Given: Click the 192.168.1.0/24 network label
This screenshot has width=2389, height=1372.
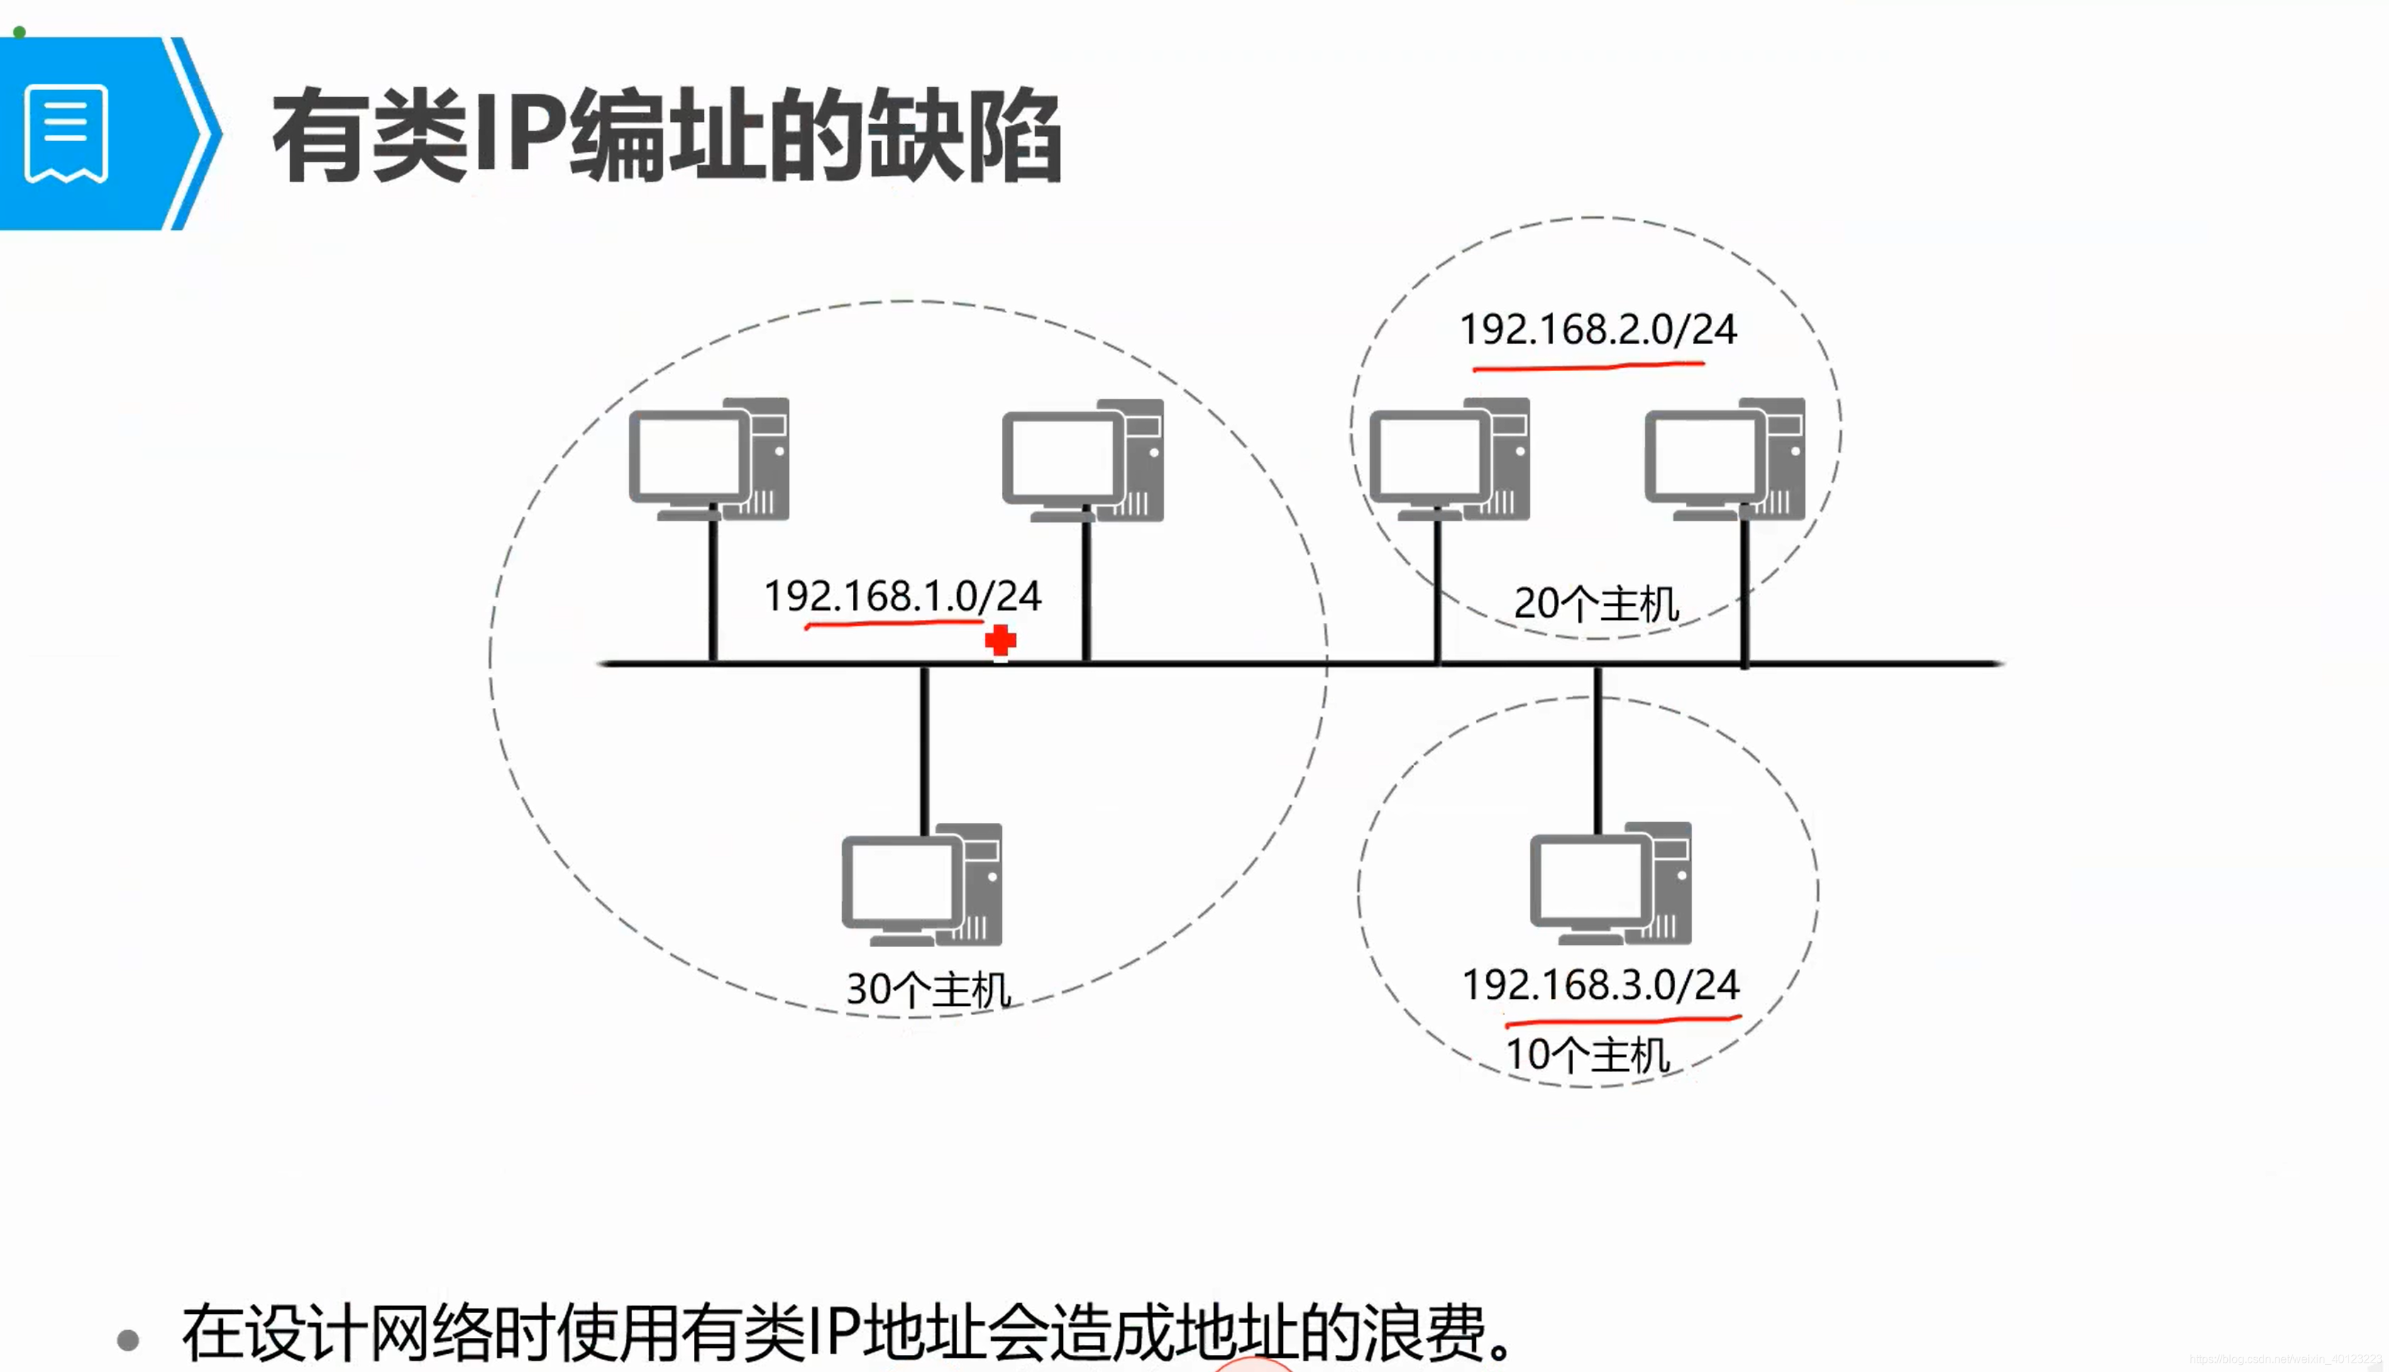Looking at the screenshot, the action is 902,595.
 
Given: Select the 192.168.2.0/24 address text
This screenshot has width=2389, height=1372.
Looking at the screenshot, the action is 1597,329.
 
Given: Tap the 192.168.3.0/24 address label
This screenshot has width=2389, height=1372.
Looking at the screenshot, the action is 1600,985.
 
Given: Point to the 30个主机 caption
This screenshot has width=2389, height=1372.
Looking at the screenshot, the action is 928,990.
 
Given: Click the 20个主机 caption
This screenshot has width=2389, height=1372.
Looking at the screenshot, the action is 1596,603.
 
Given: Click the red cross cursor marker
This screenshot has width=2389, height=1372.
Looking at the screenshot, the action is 1000,642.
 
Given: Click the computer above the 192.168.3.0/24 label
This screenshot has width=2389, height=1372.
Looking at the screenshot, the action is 1611,884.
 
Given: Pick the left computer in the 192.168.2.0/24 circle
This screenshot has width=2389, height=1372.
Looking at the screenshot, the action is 1450,460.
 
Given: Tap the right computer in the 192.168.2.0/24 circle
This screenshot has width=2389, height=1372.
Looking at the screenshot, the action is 1725,460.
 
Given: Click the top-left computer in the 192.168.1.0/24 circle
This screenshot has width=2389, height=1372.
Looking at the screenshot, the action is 709,460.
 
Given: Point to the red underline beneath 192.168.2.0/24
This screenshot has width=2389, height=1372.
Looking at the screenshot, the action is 1589,365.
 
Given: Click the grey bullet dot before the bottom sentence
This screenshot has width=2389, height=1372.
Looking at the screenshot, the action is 128,1339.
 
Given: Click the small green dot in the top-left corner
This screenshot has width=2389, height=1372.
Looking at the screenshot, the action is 19,32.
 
